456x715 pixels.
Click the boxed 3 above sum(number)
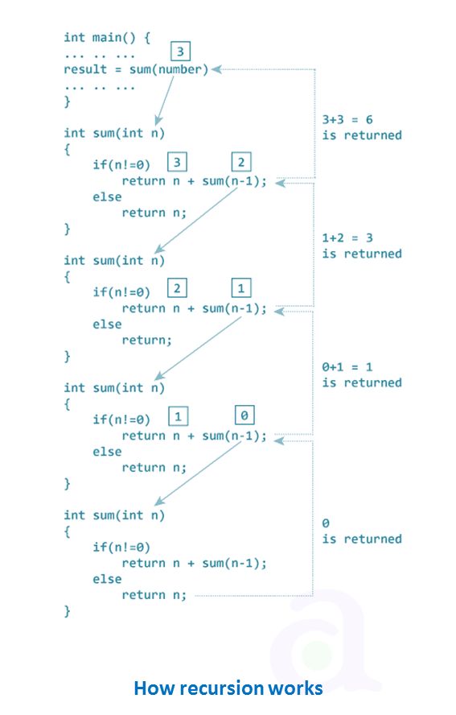point(182,52)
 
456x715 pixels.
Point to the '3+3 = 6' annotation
point(347,119)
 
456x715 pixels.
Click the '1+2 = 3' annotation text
point(347,238)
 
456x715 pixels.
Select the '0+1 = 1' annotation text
point(347,367)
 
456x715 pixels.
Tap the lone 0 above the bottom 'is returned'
point(326,523)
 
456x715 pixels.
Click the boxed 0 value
point(245,415)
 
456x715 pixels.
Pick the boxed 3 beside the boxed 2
point(178,162)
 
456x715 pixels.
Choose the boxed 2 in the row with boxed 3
point(241,162)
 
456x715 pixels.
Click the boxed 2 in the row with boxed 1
point(178,288)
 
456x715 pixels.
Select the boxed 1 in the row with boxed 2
point(241,288)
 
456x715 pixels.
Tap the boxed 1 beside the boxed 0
point(178,415)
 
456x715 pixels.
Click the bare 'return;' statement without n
point(146,341)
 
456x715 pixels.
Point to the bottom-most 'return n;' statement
point(154,595)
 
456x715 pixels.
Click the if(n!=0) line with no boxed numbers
point(121,548)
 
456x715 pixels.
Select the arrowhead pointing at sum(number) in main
point(216,69)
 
